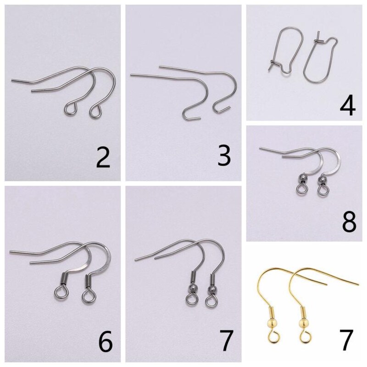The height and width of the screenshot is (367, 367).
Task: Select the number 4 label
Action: coord(347,106)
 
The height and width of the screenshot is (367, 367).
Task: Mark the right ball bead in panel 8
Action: coord(322,179)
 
